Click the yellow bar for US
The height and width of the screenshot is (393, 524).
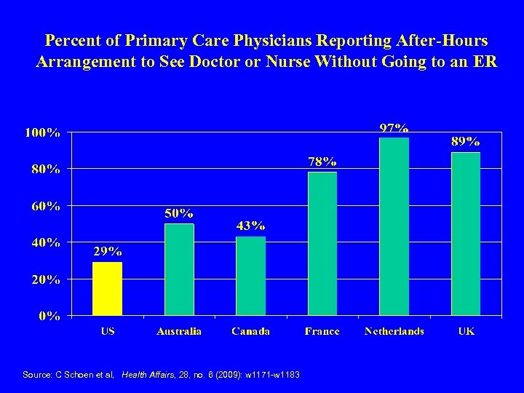click(x=107, y=288)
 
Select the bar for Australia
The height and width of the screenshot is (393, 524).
click(x=179, y=269)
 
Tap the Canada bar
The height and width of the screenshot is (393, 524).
click(x=250, y=276)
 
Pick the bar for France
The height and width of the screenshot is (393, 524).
click(x=322, y=244)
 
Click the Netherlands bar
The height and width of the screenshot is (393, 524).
click(x=394, y=226)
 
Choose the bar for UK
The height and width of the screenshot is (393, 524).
click(x=466, y=234)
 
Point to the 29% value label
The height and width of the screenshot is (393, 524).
click(x=107, y=252)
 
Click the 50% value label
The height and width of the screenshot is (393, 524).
click(x=179, y=213)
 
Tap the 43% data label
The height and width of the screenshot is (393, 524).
click(x=250, y=226)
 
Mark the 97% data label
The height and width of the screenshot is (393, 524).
click(x=394, y=128)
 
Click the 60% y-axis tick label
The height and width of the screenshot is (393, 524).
click(x=46, y=206)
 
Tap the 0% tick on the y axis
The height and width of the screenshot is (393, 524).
click(x=50, y=316)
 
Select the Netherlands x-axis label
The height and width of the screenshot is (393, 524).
click(x=394, y=331)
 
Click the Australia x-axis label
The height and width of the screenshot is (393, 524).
click(x=179, y=331)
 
